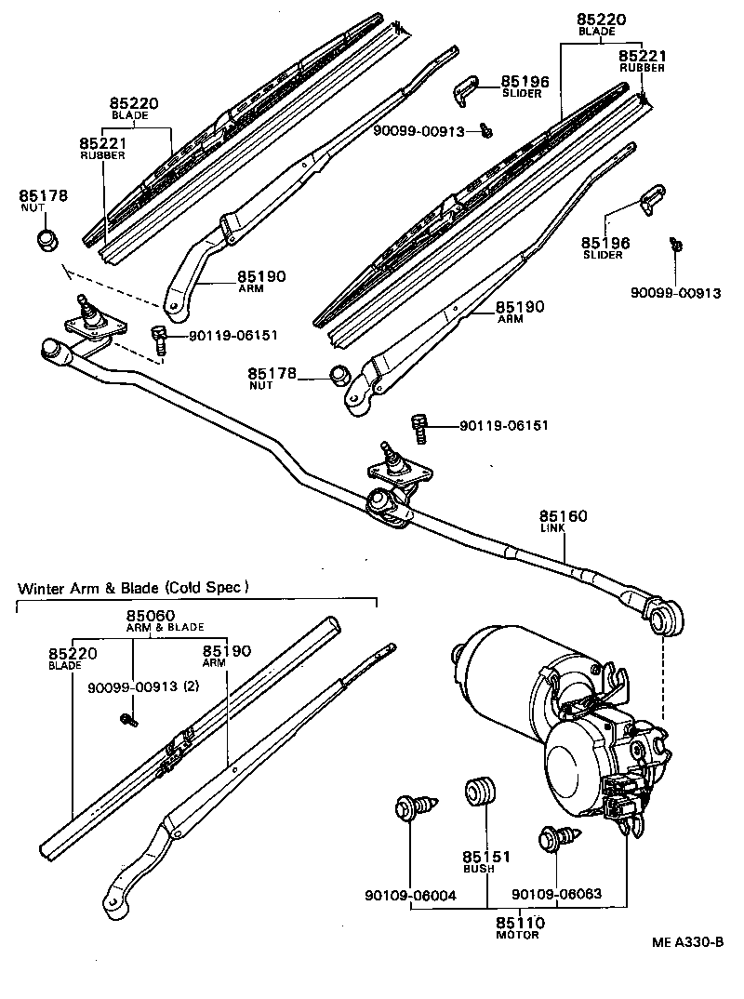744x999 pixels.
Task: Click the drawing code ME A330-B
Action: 687,941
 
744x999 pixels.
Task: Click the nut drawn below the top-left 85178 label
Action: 47,239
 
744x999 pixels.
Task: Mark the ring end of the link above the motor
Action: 666,617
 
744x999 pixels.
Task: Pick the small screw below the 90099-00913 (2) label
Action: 128,718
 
